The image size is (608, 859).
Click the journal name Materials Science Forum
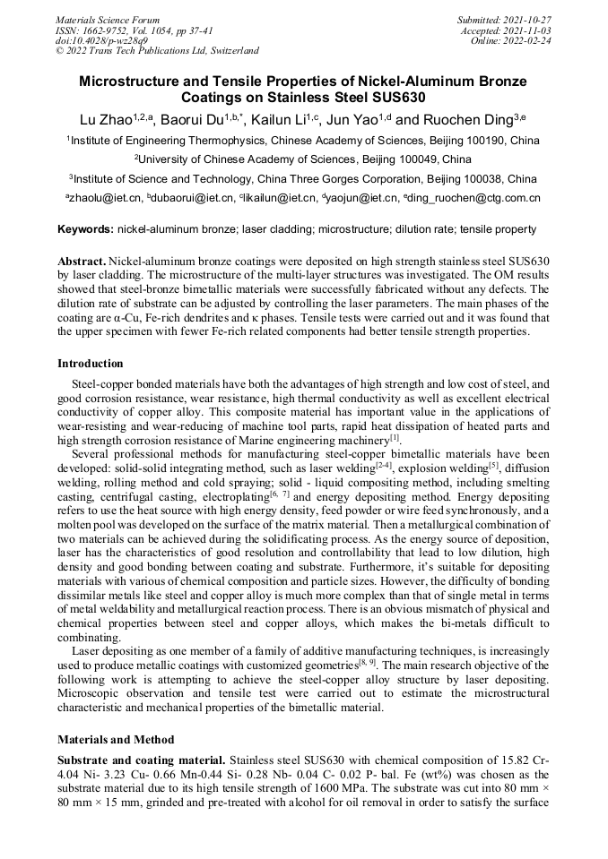click(108, 19)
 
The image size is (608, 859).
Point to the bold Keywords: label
click(86, 230)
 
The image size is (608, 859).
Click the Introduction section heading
click(91, 364)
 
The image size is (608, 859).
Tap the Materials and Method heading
click(117, 741)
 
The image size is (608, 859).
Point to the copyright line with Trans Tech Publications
click(157, 51)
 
